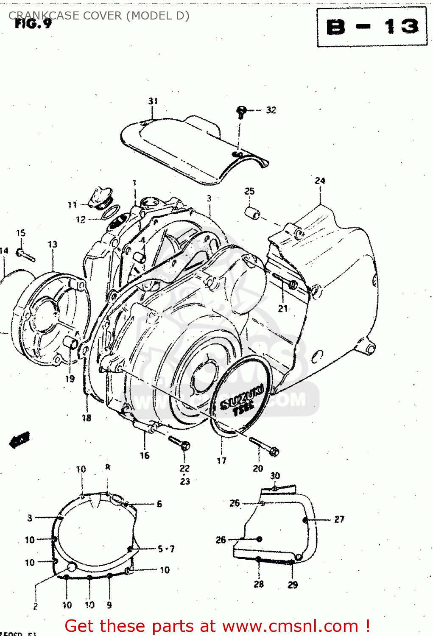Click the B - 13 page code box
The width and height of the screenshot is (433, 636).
point(372,27)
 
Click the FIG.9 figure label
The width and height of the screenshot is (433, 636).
point(33,24)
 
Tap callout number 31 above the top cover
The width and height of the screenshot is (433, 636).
point(153,101)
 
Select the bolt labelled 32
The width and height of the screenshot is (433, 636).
point(241,112)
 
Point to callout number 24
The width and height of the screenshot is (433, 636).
point(320,181)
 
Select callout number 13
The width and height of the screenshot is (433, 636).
point(52,244)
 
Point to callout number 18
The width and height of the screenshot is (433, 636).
point(87,418)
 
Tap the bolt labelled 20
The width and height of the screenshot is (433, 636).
point(265,446)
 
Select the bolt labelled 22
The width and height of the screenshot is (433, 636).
point(179,443)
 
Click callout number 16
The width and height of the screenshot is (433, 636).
point(145,455)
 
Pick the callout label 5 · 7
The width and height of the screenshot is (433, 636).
point(166,549)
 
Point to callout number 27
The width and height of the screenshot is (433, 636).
point(339,519)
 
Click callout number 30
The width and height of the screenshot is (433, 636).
point(275,476)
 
